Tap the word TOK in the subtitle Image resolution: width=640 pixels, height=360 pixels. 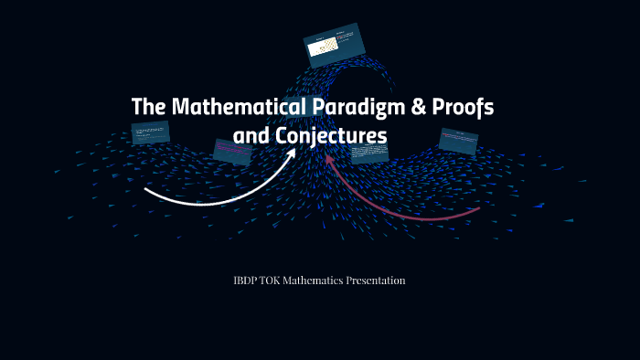pyautogui.click(x=275, y=280)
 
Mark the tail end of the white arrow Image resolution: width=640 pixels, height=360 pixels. pyautogui.click(x=146, y=190)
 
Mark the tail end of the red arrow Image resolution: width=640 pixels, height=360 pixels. pyautogui.click(x=478, y=209)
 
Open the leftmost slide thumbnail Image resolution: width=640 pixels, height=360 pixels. pyautogui.click(x=151, y=132)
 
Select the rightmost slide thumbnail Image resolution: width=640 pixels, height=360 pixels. pyautogui.click(x=458, y=140)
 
